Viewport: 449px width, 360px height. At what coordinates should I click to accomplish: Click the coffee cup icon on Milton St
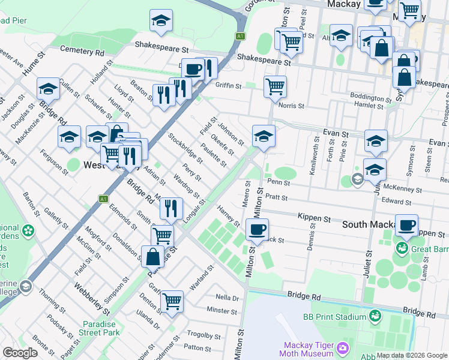(x=257, y=229)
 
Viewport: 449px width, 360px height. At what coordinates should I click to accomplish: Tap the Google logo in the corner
(x=20, y=353)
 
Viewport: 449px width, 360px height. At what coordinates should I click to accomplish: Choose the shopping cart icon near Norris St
(x=275, y=86)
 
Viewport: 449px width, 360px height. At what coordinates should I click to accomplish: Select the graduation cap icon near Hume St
(x=48, y=89)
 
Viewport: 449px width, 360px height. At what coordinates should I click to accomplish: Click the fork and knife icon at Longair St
(x=171, y=208)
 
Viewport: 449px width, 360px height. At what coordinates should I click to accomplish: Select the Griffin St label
(x=228, y=86)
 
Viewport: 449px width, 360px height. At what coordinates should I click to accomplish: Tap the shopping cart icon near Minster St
(x=172, y=301)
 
